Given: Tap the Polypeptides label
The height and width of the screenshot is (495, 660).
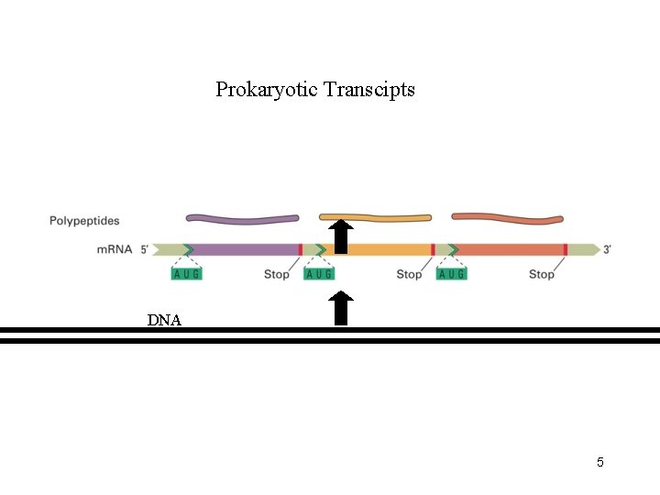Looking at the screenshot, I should click(x=84, y=221).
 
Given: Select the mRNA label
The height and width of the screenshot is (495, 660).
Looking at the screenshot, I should click(x=115, y=248).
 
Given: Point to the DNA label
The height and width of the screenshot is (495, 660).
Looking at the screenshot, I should click(x=164, y=320).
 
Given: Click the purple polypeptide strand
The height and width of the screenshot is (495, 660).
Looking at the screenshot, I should click(x=242, y=218).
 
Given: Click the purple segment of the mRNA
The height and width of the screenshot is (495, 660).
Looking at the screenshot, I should click(x=244, y=249).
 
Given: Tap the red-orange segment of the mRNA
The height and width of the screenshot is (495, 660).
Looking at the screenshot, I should click(x=509, y=249).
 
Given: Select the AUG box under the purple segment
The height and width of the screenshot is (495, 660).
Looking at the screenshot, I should click(x=186, y=273).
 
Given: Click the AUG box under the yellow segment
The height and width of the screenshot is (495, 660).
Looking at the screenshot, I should click(x=319, y=273).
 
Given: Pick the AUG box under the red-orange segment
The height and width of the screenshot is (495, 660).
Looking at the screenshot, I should click(x=452, y=273).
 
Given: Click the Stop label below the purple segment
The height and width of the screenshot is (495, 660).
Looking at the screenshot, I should click(x=276, y=274).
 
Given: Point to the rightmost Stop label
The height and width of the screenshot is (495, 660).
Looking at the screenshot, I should click(x=542, y=274).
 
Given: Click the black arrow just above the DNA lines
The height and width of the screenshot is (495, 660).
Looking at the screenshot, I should click(x=341, y=308).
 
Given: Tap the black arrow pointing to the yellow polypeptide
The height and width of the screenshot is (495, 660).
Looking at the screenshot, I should click(x=341, y=236).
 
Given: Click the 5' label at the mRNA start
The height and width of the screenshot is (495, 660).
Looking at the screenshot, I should click(x=145, y=248).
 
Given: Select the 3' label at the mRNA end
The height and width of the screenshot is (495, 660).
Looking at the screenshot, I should click(x=608, y=248).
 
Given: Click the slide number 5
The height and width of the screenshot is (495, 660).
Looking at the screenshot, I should click(x=600, y=462).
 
